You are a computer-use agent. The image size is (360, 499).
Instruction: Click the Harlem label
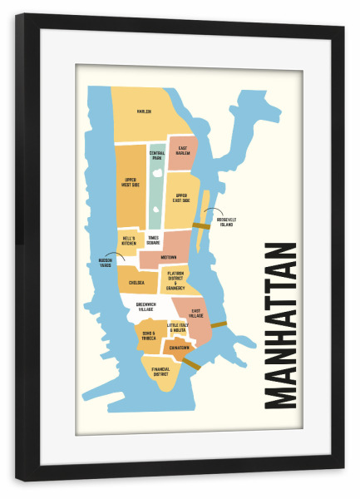click(145, 111)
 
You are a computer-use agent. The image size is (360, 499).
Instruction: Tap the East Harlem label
click(183, 151)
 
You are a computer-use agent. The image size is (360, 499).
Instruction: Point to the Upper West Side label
click(131, 182)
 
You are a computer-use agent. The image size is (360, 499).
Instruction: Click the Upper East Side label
click(182, 198)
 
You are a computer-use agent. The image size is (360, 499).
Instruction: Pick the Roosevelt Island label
click(227, 222)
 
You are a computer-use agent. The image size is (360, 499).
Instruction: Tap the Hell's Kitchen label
click(129, 240)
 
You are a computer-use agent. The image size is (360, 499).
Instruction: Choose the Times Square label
click(153, 240)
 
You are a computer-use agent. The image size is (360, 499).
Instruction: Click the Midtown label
click(169, 257)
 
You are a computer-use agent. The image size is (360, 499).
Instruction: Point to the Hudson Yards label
click(99, 261)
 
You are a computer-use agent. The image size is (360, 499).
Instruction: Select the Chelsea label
click(136, 283)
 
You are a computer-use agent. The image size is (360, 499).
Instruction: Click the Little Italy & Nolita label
click(178, 328)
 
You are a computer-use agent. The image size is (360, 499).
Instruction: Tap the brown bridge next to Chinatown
click(192, 363)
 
